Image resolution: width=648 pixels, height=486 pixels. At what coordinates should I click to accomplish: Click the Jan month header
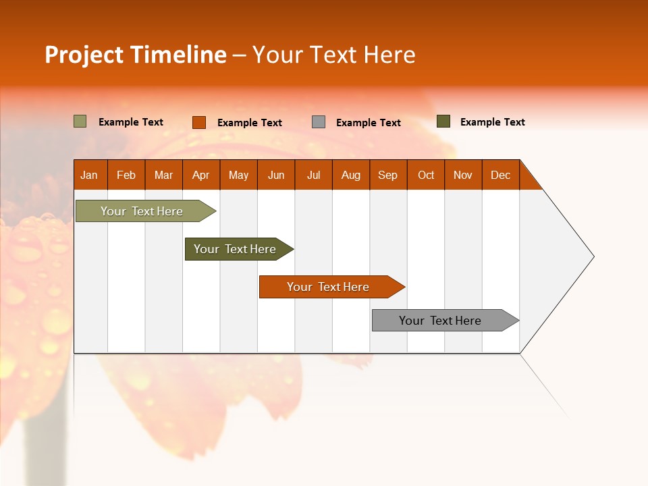coord(89,175)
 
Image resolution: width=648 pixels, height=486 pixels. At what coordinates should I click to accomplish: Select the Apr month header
coord(200,175)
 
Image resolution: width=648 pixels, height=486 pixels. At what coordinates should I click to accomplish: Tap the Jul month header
coord(313,175)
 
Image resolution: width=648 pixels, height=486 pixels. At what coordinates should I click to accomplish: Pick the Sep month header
coord(387,175)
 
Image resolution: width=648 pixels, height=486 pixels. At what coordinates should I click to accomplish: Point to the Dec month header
coord(500,175)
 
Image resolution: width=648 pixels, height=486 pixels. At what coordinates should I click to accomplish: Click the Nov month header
coord(462,175)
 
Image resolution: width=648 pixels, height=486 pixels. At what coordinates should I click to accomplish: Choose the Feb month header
coord(126,175)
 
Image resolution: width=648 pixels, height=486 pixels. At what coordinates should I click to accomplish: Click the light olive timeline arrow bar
coord(142,211)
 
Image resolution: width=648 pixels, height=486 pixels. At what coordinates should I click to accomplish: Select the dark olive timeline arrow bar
coord(235,249)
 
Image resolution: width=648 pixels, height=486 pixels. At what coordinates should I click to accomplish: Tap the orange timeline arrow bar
coord(328,287)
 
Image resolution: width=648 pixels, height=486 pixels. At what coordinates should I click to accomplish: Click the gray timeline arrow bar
coord(440,321)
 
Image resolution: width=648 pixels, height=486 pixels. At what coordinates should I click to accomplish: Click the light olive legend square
coord(80,122)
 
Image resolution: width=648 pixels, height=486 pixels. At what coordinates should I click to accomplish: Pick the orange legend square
coord(198,122)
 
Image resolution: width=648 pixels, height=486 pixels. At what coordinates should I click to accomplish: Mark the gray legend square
coord(319,122)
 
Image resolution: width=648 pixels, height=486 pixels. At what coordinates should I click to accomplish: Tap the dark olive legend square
coord(443,122)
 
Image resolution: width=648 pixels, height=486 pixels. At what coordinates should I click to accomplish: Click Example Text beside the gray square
coord(368,123)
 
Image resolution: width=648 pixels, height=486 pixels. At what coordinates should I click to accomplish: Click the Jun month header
coord(275,175)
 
